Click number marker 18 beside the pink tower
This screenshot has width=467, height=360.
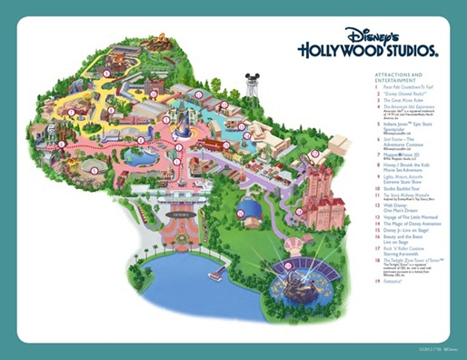[315, 154]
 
